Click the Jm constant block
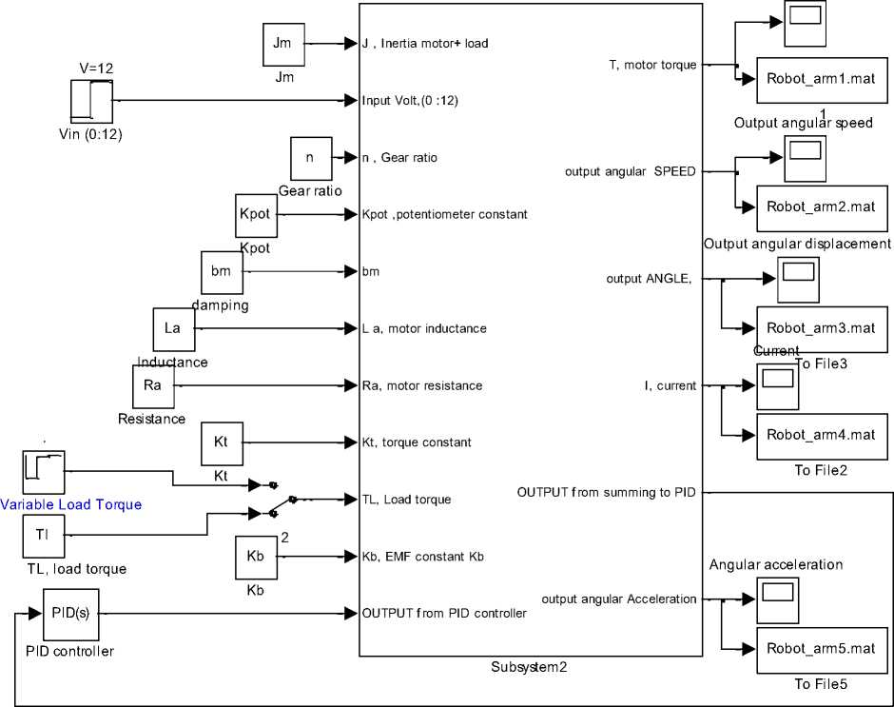point(282,44)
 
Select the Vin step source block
point(91,101)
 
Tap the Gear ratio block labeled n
point(310,158)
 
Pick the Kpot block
point(255,215)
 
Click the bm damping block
point(222,273)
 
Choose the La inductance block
point(173,329)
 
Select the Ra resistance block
point(152,385)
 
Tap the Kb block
point(255,557)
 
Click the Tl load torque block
point(43,536)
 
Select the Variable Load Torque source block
point(43,472)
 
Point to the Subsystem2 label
point(530,667)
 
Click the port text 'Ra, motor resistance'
point(422,385)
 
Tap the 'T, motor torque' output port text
point(652,65)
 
